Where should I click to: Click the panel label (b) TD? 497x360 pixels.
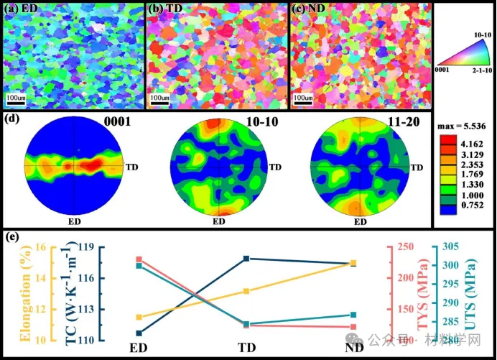coord(164,9)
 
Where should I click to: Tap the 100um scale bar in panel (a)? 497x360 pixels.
coord(17,96)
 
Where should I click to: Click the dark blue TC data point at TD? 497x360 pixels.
coord(246,258)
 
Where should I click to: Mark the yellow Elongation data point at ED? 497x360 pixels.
coord(139,317)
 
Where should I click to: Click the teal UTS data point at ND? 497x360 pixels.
coord(353,315)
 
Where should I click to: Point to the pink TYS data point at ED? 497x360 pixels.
coord(139,259)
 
